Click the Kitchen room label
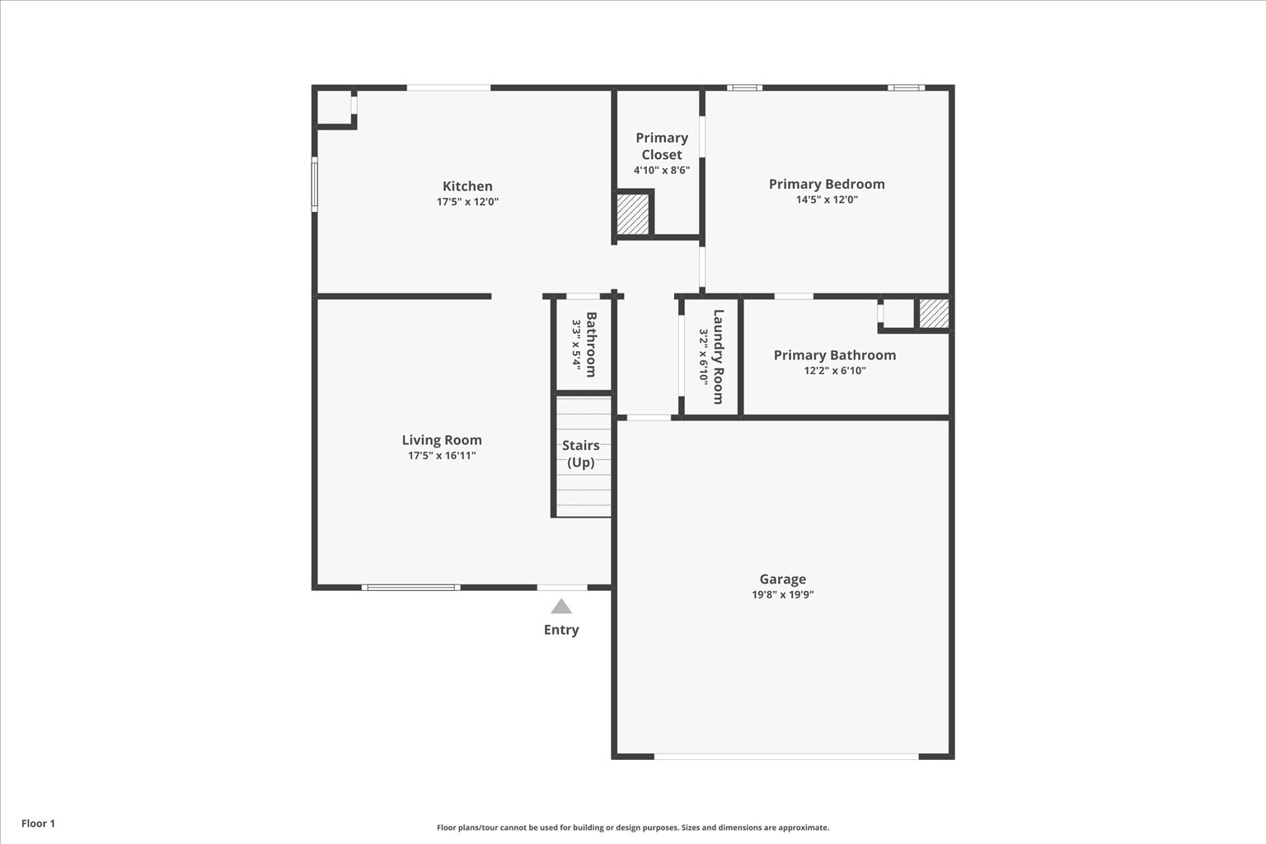click(467, 186)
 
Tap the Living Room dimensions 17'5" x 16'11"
click(442, 456)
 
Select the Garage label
click(782, 579)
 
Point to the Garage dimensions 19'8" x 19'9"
click(782, 595)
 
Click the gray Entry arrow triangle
click(561, 607)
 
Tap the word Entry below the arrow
click(561, 630)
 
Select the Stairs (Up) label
click(581, 453)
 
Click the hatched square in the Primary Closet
click(634, 214)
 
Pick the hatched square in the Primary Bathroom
click(934, 314)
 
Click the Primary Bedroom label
click(827, 184)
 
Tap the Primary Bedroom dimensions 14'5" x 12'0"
click(827, 199)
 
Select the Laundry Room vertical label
click(718, 356)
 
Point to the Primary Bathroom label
click(834, 355)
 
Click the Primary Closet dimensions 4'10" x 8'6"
click(661, 171)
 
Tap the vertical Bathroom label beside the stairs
click(591, 344)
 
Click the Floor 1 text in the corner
click(38, 823)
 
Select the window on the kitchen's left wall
click(314, 185)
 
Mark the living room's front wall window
click(410, 588)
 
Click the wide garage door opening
click(785, 756)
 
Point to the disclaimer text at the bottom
click(632, 828)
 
